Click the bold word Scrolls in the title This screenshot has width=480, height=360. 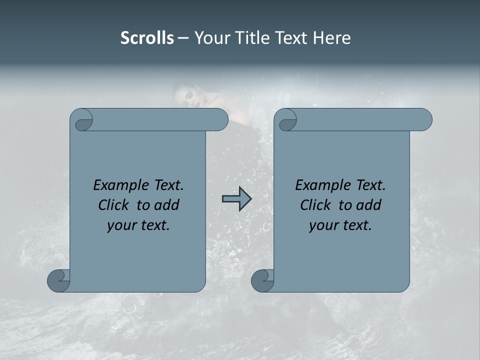tap(147, 38)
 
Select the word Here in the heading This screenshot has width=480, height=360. tap(331, 38)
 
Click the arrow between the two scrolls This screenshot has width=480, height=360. tap(236, 198)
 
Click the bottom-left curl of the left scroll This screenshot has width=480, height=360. tap(58, 280)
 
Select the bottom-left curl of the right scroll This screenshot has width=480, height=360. tap(262, 280)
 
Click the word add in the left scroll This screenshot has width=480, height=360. tap(167, 205)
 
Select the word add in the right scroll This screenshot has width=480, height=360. tap(369, 205)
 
